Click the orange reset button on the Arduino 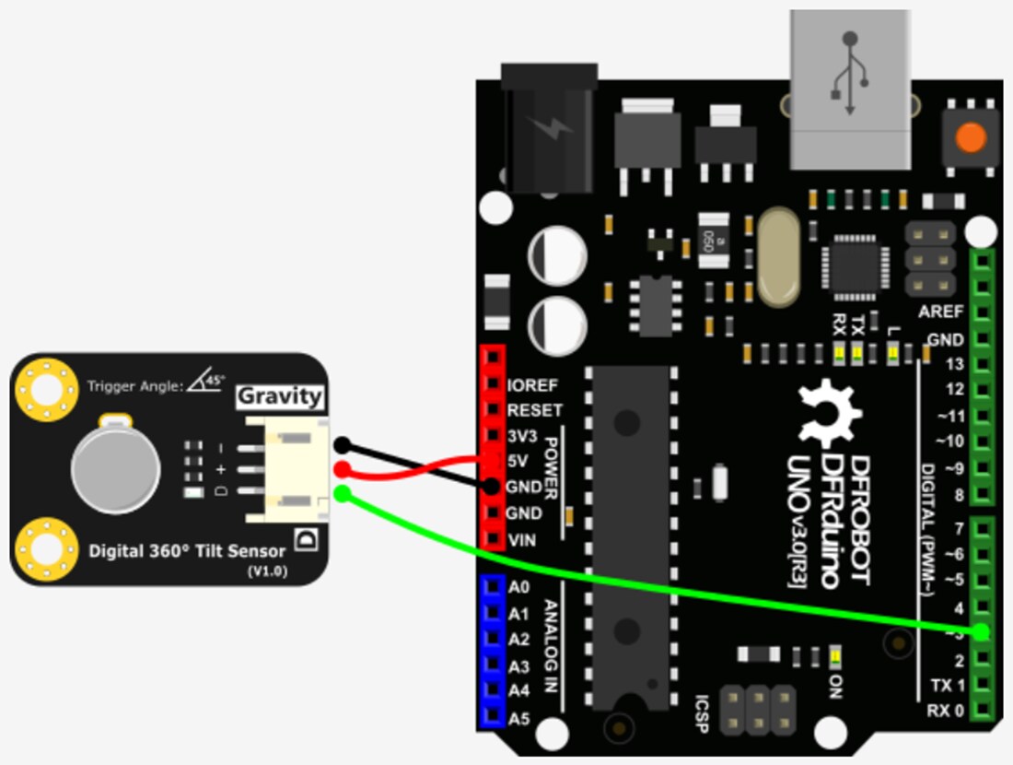pos(970,138)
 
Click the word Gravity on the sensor pos(280,397)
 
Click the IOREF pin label pos(533,385)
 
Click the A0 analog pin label pos(519,587)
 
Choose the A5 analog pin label pos(519,716)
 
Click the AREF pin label pos(940,312)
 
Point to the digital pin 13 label pos(954,364)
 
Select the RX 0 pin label pos(946,711)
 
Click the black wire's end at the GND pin pos(492,486)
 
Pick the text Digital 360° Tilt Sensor pos(187,551)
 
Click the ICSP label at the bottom pos(703,711)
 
